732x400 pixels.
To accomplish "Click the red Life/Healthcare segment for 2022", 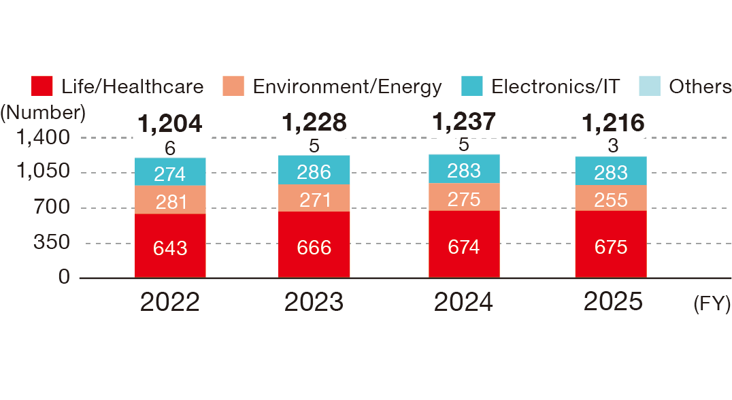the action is click(170, 246).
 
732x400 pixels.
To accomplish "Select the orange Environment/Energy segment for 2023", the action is click(314, 198).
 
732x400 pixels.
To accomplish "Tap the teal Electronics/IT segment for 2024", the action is click(464, 169).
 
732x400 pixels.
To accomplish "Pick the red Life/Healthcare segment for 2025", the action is click(611, 244).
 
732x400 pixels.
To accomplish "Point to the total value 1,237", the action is click(463, 122).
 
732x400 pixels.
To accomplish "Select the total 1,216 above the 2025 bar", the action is click(613, 123).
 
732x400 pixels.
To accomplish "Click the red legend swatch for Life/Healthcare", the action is click(41, 86).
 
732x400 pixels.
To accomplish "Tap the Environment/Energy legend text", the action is click(348, 87).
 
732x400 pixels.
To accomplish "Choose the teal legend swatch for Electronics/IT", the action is click(471, 86).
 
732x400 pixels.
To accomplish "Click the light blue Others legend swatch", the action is click(650, 86).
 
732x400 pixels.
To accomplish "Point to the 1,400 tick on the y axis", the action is click(43, 137).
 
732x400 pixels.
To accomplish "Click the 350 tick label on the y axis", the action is click(52, 242).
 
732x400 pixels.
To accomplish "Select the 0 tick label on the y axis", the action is click(65, 277).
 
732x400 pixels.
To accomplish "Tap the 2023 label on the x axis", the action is click(314, 302).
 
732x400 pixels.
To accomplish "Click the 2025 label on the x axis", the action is click(613, 301).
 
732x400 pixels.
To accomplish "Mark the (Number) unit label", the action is click(43, 113).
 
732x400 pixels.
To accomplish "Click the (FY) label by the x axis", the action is click(712, 304).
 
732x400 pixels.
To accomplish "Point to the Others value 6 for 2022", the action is click(170, 148).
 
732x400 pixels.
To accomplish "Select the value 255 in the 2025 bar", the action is click(611, 200).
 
